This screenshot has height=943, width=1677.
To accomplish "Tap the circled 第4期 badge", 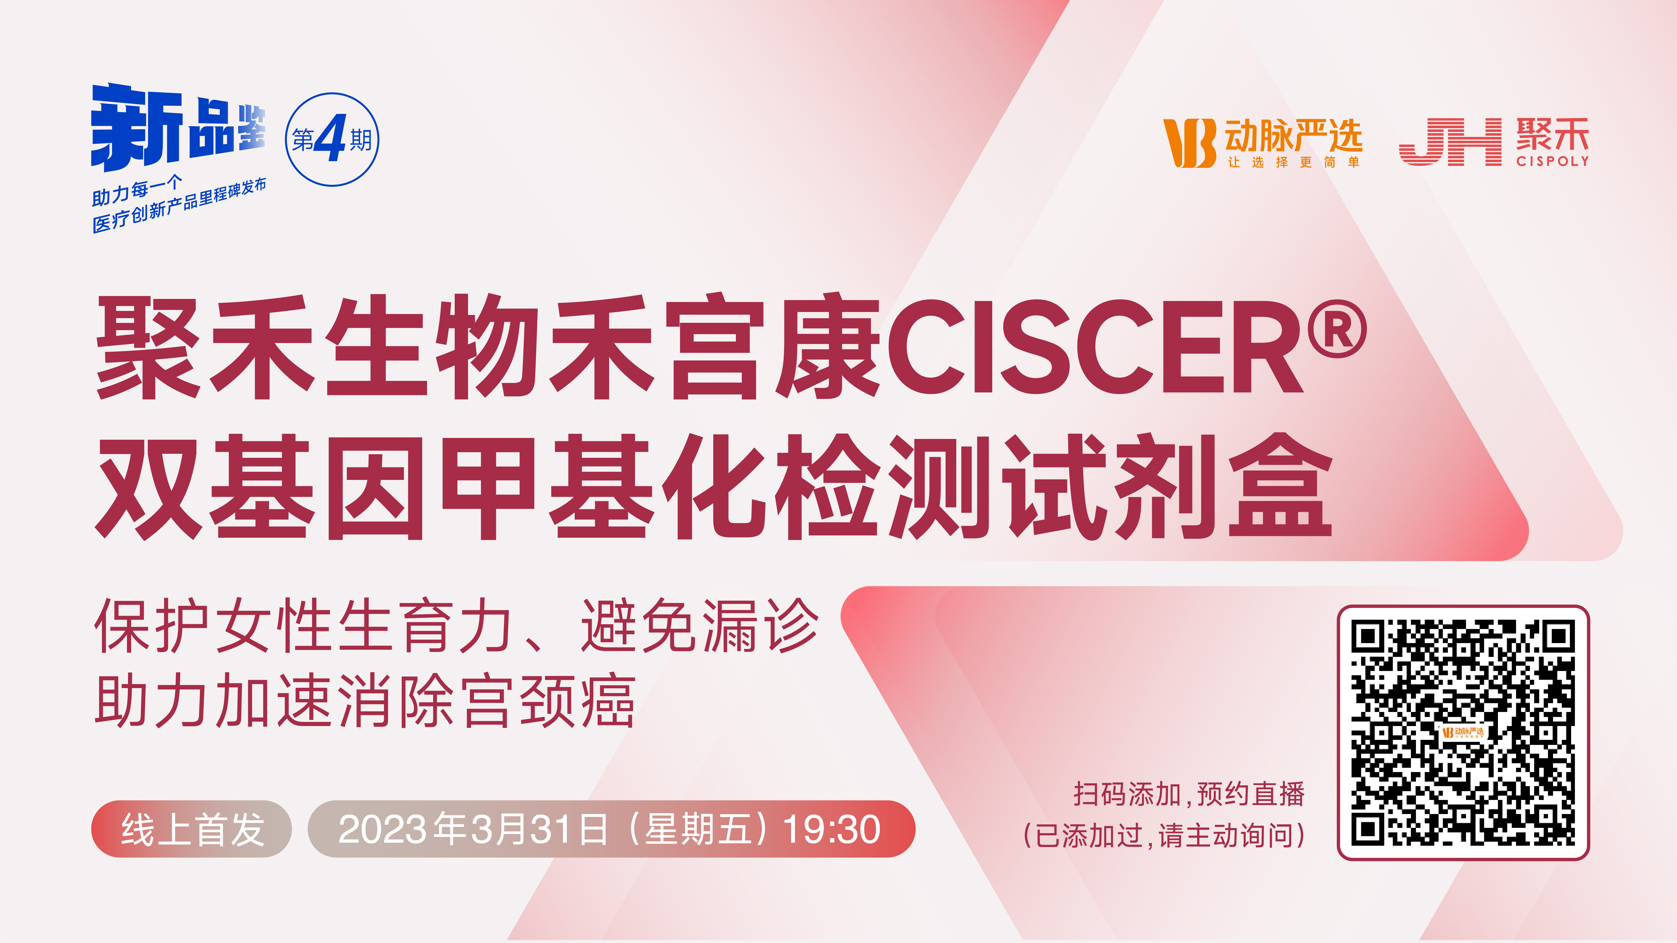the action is (x=332, y=139).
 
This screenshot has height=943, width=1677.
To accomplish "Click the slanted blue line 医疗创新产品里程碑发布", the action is (x=179, y=205).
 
